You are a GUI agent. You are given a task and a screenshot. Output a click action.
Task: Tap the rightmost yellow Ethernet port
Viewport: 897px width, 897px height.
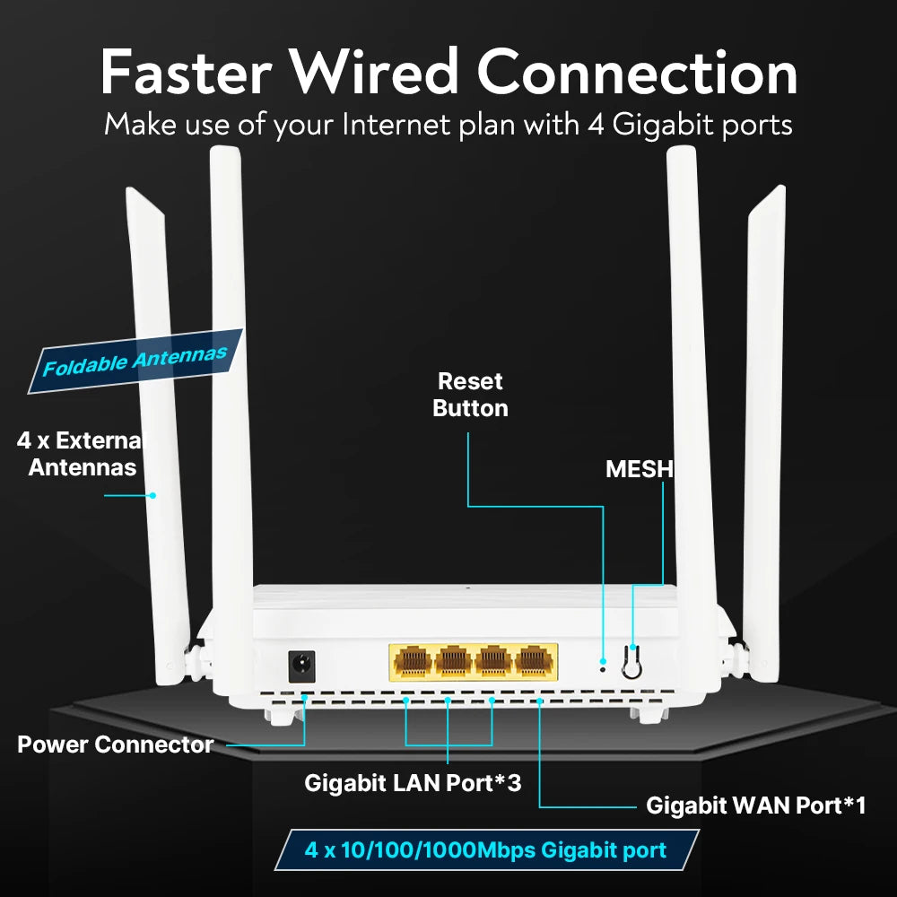coord(535,662)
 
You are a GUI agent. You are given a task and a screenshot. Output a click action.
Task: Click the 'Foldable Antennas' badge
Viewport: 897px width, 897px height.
coord(135,361)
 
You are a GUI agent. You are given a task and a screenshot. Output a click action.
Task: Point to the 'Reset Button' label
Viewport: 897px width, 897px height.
coord(470,395)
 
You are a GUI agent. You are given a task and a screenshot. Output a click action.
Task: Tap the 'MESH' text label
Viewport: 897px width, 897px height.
coord(639,469)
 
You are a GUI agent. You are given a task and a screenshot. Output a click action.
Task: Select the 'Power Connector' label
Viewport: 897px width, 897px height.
coord(116,745)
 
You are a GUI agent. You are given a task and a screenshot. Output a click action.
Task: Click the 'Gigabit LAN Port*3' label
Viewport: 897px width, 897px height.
coord(413,782)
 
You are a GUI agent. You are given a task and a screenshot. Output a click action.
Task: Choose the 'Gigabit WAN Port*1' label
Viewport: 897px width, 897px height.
coord(755,806)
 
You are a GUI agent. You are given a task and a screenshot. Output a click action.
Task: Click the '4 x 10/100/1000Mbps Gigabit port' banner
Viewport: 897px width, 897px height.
coord(485,849)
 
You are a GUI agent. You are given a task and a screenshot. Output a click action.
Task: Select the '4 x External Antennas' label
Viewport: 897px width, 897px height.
coord(81,454)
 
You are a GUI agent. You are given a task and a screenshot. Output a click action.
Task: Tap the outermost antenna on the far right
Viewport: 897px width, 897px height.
coord(764,431)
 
